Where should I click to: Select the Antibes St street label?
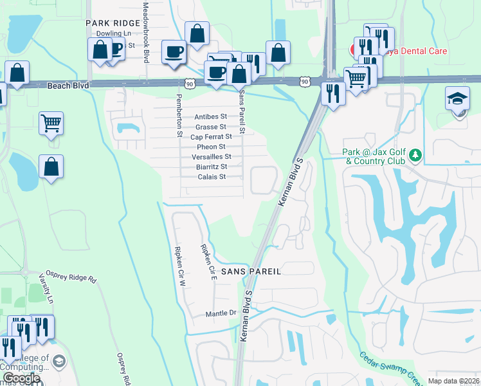tap(211, 117)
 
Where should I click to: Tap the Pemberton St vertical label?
tap(179, 116)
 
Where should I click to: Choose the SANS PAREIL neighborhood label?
tap(251, 272)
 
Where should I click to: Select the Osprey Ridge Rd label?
tap(70, 276)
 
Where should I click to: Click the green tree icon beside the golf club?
tap(416, 155)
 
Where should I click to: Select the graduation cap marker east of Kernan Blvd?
tap(457, 100)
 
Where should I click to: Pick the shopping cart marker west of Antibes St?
tap(51, 122)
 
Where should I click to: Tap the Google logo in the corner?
tap(21, 378)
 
